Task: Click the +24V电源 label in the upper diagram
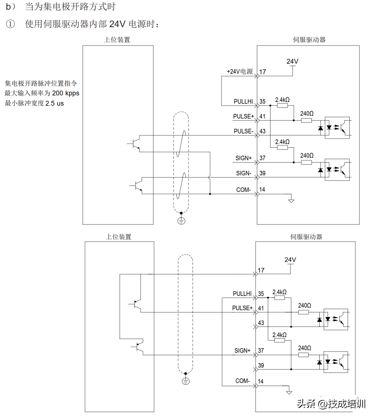240,72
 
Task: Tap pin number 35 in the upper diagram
262,101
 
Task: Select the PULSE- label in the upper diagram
243,131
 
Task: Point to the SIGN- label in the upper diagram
244,173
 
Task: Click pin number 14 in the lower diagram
261,381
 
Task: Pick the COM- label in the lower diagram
242,381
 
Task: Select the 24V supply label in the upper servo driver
292,61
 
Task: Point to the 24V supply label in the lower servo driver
290,260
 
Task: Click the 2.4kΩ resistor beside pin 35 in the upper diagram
283,106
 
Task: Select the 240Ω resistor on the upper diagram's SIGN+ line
306,163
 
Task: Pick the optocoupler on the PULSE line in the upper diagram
337,128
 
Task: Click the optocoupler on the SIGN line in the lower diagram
336,362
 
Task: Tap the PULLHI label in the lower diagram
242,294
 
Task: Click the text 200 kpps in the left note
65,93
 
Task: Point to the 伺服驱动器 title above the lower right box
306,237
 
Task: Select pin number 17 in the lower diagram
261,270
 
